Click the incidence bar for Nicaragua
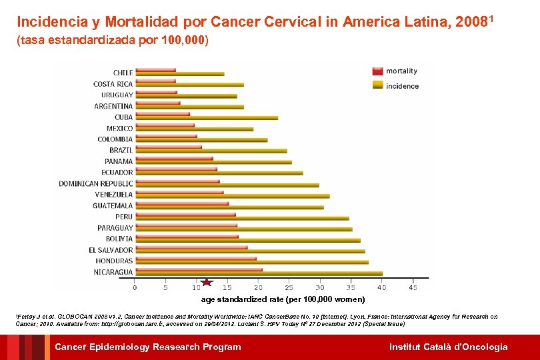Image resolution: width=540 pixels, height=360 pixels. pos(258,273)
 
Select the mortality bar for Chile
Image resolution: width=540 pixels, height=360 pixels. pos(155,70)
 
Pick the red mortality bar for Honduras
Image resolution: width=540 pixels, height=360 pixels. pos(195,259)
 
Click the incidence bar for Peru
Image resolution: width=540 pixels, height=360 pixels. pos(241,218)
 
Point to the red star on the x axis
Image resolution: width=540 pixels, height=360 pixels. pos(207,283)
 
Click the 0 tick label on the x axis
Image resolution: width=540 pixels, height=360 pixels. pos(135,288)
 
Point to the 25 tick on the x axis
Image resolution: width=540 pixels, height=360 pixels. pos(289,288)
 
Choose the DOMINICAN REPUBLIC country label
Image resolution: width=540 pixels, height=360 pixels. pos(95,183)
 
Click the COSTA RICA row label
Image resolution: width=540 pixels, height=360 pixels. pos(113,84)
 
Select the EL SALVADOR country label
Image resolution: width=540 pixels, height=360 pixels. pos(111,250)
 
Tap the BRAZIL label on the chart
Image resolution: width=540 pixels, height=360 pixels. pos(121,150)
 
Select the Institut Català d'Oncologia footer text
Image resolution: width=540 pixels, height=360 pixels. pos(448,347)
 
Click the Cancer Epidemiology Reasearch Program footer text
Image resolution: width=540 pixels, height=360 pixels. pos(147,347)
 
